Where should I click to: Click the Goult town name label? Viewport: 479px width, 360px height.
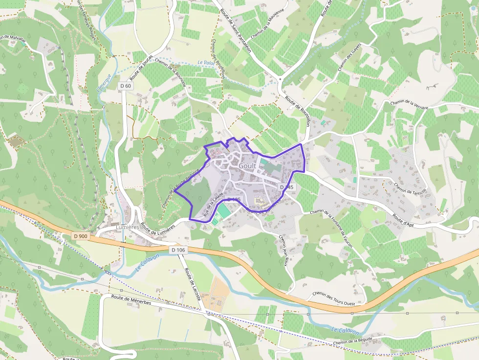click(x=247, y=166)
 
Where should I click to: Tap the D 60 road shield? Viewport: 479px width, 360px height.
click(x=125, y=86)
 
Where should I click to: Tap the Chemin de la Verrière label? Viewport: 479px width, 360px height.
click(x=409, y=105)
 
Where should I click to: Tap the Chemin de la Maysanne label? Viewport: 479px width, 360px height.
click(x=267, y=30)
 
